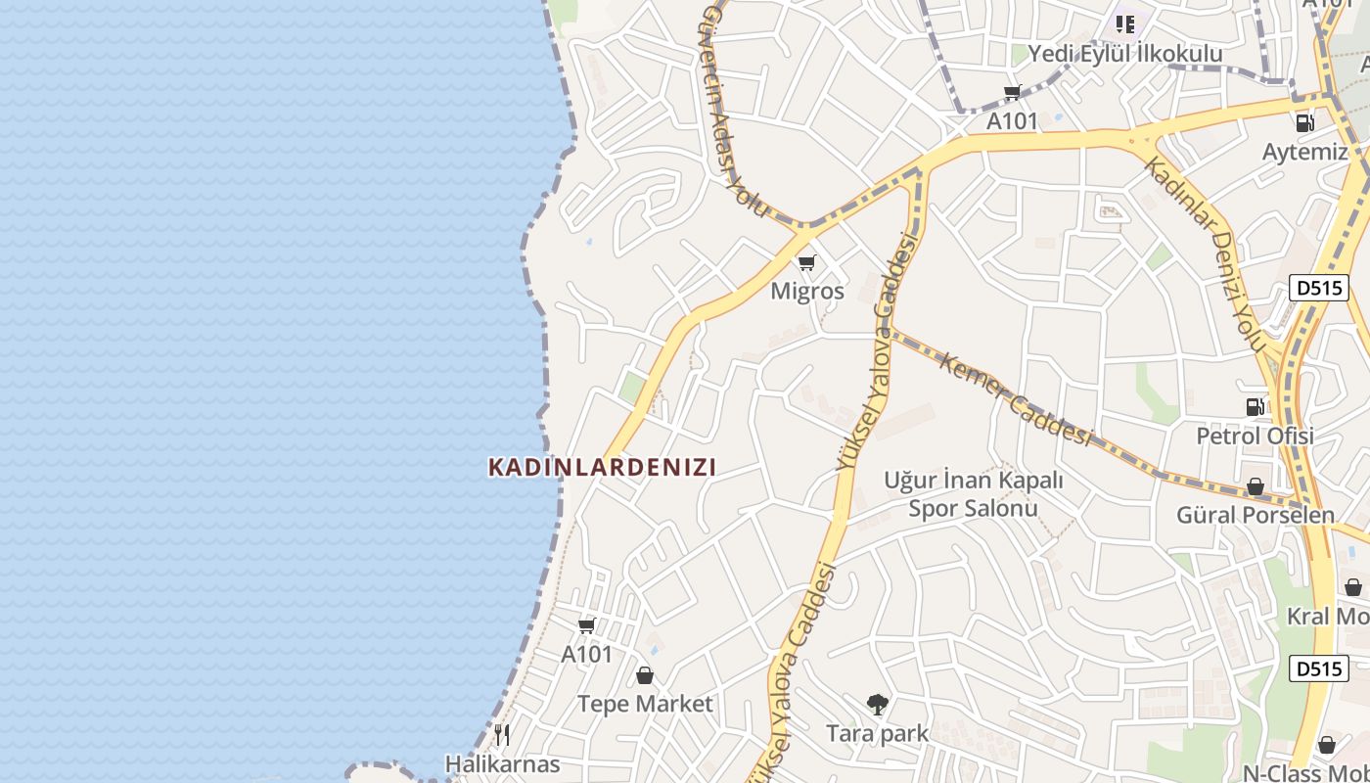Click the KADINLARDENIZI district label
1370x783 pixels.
click(602, 468)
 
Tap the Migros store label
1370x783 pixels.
click(807, 291)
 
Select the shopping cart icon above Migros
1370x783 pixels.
click(807, 262)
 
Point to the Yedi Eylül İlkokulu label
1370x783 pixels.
click(1124, 54)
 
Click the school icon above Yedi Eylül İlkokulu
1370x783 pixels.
click(1124, 23)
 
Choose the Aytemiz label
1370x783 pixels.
click(1304, 152)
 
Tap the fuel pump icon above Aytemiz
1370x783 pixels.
click(1304, 123)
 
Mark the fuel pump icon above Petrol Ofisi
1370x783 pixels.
click(1255, 407)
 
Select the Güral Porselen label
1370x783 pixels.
click(1255, 515)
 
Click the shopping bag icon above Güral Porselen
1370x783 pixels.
click(1255, 486)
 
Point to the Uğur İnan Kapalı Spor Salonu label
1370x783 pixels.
click(974, 494)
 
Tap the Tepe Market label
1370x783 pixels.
click(645, 704)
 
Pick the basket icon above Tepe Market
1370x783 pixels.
click(645, 675)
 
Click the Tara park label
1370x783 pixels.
click(878, 733)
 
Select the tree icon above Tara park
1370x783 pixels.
click(878, 704)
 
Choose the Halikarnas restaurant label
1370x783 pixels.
click(503, 763)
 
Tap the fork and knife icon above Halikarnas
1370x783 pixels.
click(503, 735)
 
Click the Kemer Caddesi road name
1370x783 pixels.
click(1015, 399)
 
